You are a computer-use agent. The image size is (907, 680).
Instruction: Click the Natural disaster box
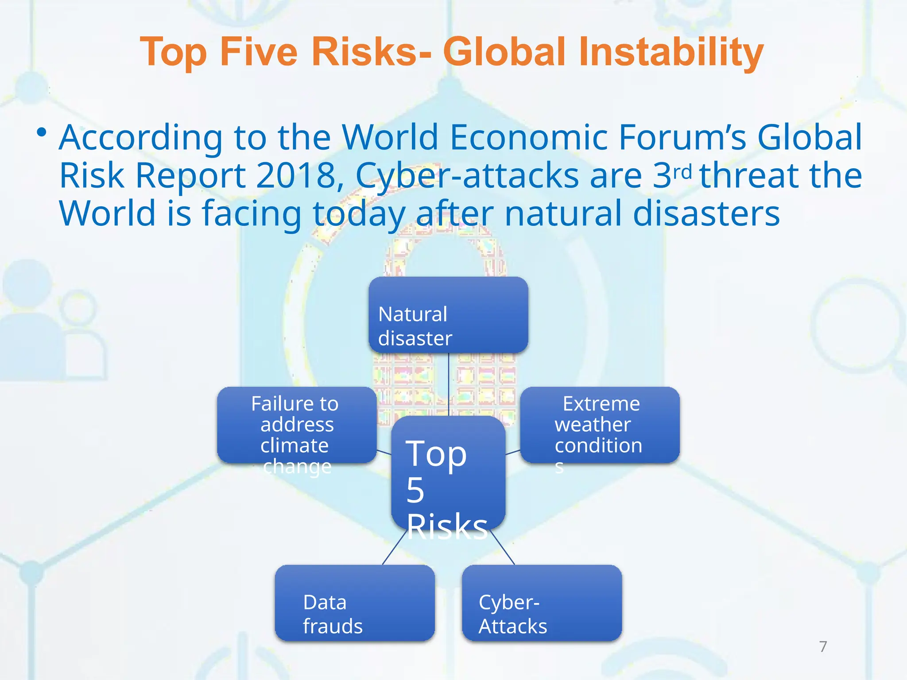[x=448, y=315]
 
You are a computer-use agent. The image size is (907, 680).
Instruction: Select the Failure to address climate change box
[x=296, y=425]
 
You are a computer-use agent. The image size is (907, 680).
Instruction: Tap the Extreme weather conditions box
[x=600, y=425]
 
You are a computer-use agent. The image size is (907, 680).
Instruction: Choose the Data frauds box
[x=354, y=603]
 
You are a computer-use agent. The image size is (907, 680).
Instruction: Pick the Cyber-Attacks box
[x=542, y=603]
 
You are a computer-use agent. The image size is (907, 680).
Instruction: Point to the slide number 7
[x=823, y=647]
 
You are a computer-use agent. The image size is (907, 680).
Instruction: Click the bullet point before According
[x=42, y=132]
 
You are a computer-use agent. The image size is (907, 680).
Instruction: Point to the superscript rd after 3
[x=682, y=171]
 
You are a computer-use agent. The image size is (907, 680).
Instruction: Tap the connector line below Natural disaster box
[x=449, y=384]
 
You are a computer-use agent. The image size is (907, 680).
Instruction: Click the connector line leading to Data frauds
[x=394, y=547]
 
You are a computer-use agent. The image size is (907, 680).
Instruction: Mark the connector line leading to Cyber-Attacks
[x=503, y=547]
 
